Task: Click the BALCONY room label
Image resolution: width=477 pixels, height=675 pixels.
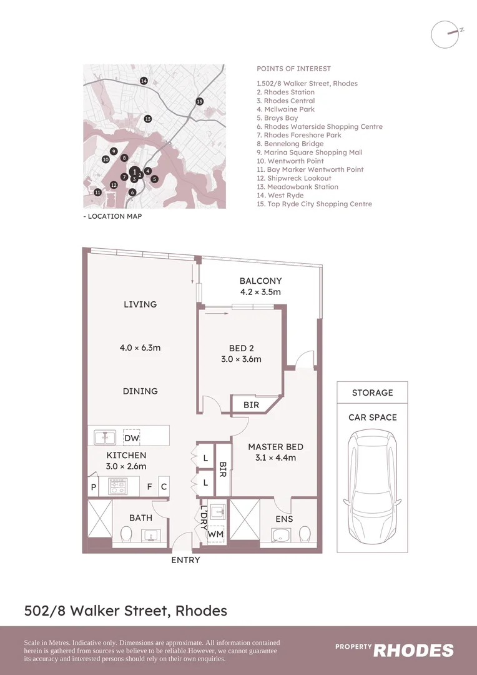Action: (x=260, y=281)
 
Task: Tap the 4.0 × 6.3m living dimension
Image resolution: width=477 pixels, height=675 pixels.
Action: (x=140, y=347)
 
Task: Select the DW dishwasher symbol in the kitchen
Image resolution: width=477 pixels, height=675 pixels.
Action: (x=132, y=438)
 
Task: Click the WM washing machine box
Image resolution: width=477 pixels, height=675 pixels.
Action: (x=215, y=534)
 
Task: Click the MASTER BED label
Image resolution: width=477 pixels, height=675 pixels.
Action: (x=275, y=447)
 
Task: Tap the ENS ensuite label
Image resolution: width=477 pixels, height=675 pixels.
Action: (x=284, y=519)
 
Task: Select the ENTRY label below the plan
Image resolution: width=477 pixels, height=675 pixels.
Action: (x=185, y=560)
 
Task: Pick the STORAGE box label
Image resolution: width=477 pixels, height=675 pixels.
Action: (x=372, y=393)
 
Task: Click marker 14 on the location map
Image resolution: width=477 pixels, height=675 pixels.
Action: (x=144, y=81)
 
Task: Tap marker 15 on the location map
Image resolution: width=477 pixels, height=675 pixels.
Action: (x=199, y=101)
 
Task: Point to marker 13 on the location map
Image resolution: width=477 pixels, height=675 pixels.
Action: (x=148, y=119)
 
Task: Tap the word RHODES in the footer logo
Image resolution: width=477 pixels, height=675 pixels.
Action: (x=413, y=651)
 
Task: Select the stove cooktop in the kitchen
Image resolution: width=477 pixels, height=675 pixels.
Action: (x=117, y=486)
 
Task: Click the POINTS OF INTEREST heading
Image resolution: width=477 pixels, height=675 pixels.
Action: (x=293, y=69)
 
